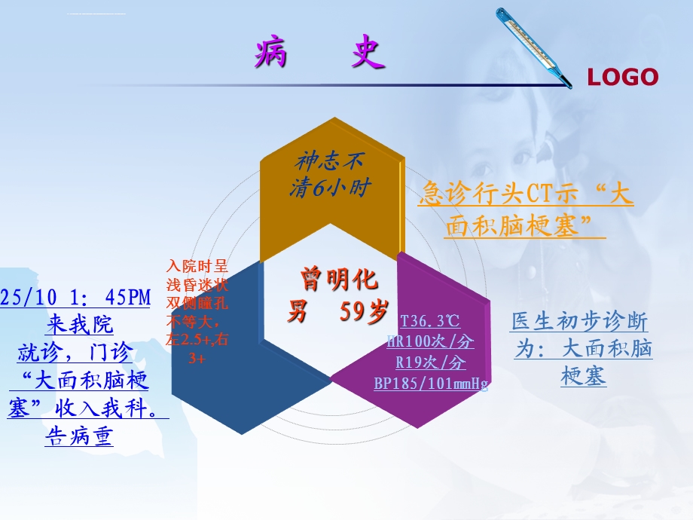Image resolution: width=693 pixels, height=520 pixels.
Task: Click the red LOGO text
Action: point(622,77)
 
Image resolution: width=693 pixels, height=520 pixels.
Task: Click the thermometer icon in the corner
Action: point(533,47)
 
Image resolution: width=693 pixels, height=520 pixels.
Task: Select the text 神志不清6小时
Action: point(331,174)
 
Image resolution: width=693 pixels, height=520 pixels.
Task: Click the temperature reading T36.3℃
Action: point(430,322)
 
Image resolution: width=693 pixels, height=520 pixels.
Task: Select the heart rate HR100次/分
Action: point(431,342)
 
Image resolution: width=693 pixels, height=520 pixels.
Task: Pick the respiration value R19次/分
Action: point(431,363)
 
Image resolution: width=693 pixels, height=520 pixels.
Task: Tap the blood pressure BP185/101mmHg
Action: point(431,384)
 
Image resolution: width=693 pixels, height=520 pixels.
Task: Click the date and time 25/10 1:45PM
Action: point(76,298)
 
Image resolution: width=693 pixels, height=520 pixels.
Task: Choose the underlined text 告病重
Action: point(79,436)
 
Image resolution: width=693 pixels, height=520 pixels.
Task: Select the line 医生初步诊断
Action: point(579,322)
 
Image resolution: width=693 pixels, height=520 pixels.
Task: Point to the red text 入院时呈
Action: point(197,266)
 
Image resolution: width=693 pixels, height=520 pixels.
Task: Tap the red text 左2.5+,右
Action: point(197,340)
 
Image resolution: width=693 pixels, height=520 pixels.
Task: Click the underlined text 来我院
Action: point(79,326)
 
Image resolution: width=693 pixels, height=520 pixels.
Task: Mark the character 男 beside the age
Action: point(298,311)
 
